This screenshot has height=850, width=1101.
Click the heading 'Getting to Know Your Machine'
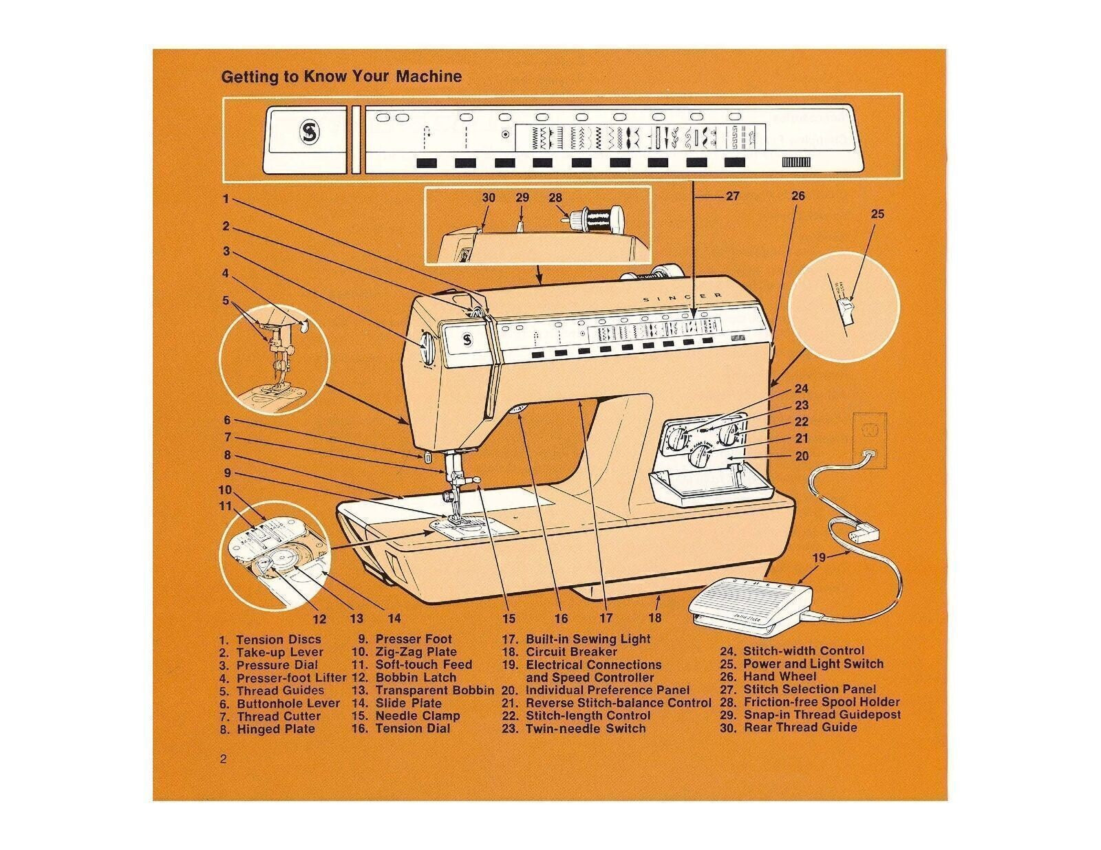point(341,76)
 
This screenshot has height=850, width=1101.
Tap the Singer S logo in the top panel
point(306,133)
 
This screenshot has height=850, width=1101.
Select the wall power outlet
point(870,440)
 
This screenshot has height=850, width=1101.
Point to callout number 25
point(877,214)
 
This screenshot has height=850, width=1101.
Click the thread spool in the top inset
point(596,219)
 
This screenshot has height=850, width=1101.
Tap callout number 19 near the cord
point(818,558)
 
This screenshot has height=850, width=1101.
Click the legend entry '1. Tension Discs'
point(270,640)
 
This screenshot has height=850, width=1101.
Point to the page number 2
point(224,760)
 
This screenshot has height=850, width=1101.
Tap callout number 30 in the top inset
point(488,198)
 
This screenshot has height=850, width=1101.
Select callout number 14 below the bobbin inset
point(394,618)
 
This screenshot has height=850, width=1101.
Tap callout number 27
point(732,196)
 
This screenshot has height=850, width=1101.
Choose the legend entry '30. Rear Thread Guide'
point(789,728)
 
